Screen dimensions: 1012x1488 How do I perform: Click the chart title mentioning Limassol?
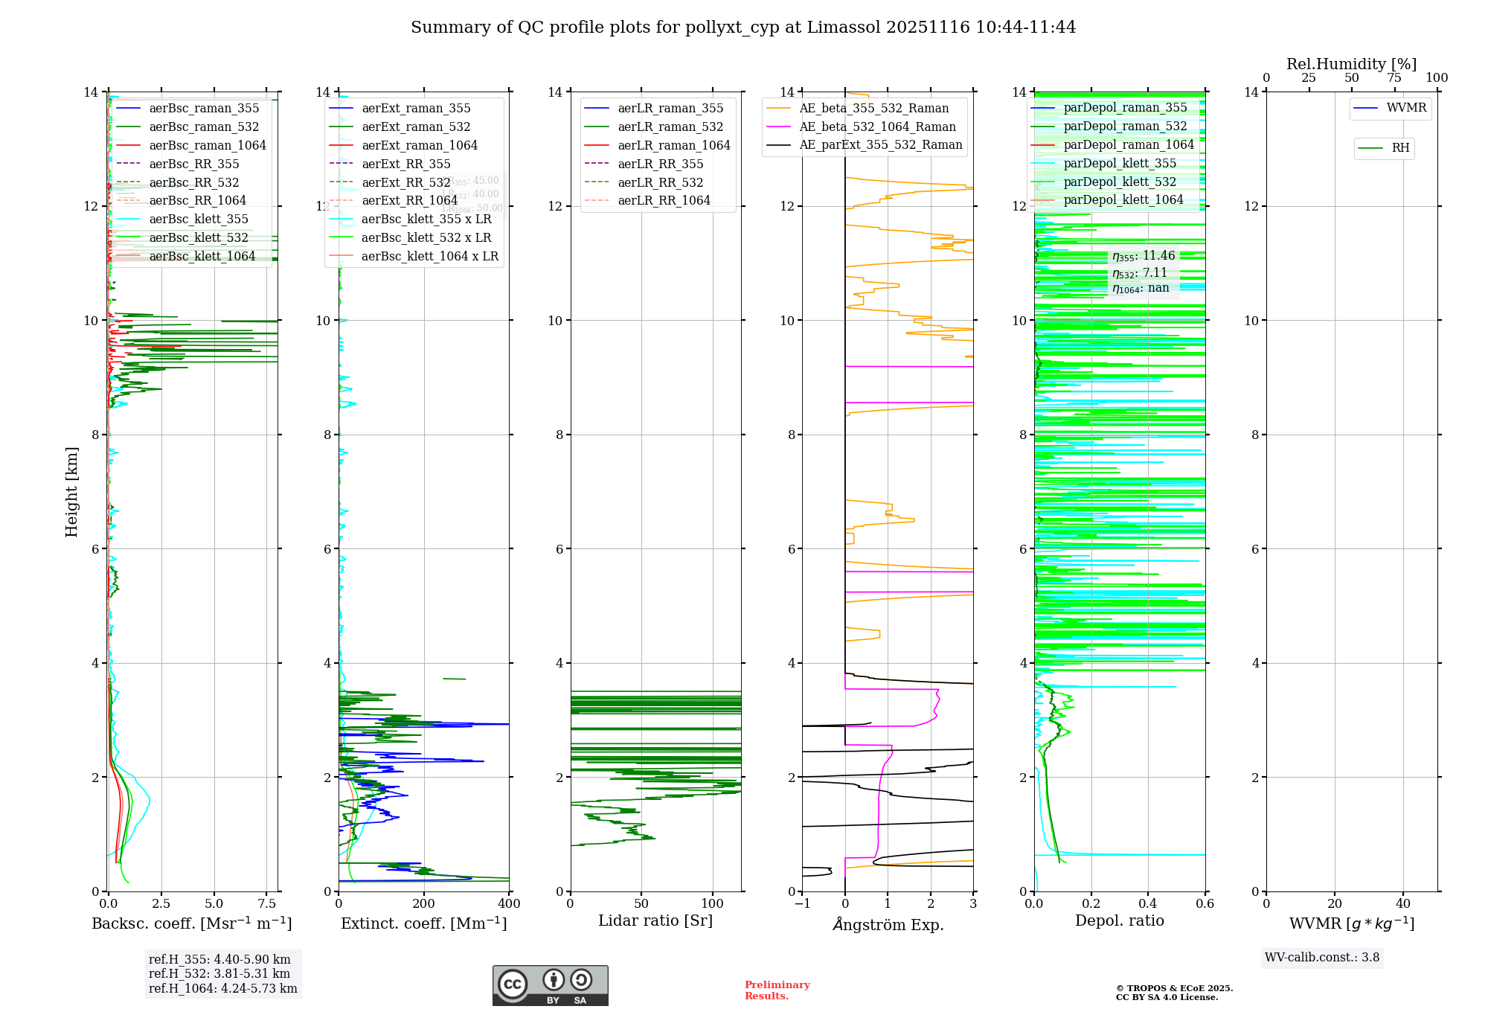[743, 28]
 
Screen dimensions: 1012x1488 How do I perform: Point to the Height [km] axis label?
[71, 491]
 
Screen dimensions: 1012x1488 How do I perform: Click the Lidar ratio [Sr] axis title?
[655, 920]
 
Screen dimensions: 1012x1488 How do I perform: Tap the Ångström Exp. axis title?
[888, 924]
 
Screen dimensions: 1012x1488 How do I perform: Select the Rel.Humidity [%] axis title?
[1351, 64]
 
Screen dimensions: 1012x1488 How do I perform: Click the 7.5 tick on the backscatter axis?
[267, 904]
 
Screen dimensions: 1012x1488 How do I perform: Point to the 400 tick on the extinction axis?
[509, 904]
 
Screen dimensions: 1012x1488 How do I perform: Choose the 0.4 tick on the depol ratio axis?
[1148, 904]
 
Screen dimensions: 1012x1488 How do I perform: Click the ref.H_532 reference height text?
[219, 973]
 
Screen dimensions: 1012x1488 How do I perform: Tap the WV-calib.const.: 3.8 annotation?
[1322, 957]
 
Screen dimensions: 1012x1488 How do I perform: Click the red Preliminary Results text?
[777, 990]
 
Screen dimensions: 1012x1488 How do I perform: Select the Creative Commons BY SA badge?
[550, 985]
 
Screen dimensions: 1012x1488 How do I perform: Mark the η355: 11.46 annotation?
[1144, 256]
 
